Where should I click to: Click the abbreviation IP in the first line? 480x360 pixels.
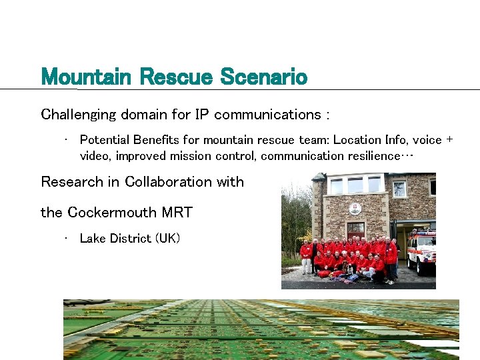point(201,115)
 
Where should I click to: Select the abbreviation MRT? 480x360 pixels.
point(177,213)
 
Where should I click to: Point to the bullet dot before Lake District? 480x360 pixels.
point(67,237)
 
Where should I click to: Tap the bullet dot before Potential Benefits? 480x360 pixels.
point(67,139)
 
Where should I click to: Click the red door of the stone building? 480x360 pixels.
point(356,231)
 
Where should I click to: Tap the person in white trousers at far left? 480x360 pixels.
point(306,257)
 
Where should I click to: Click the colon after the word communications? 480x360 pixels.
point(327,115)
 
